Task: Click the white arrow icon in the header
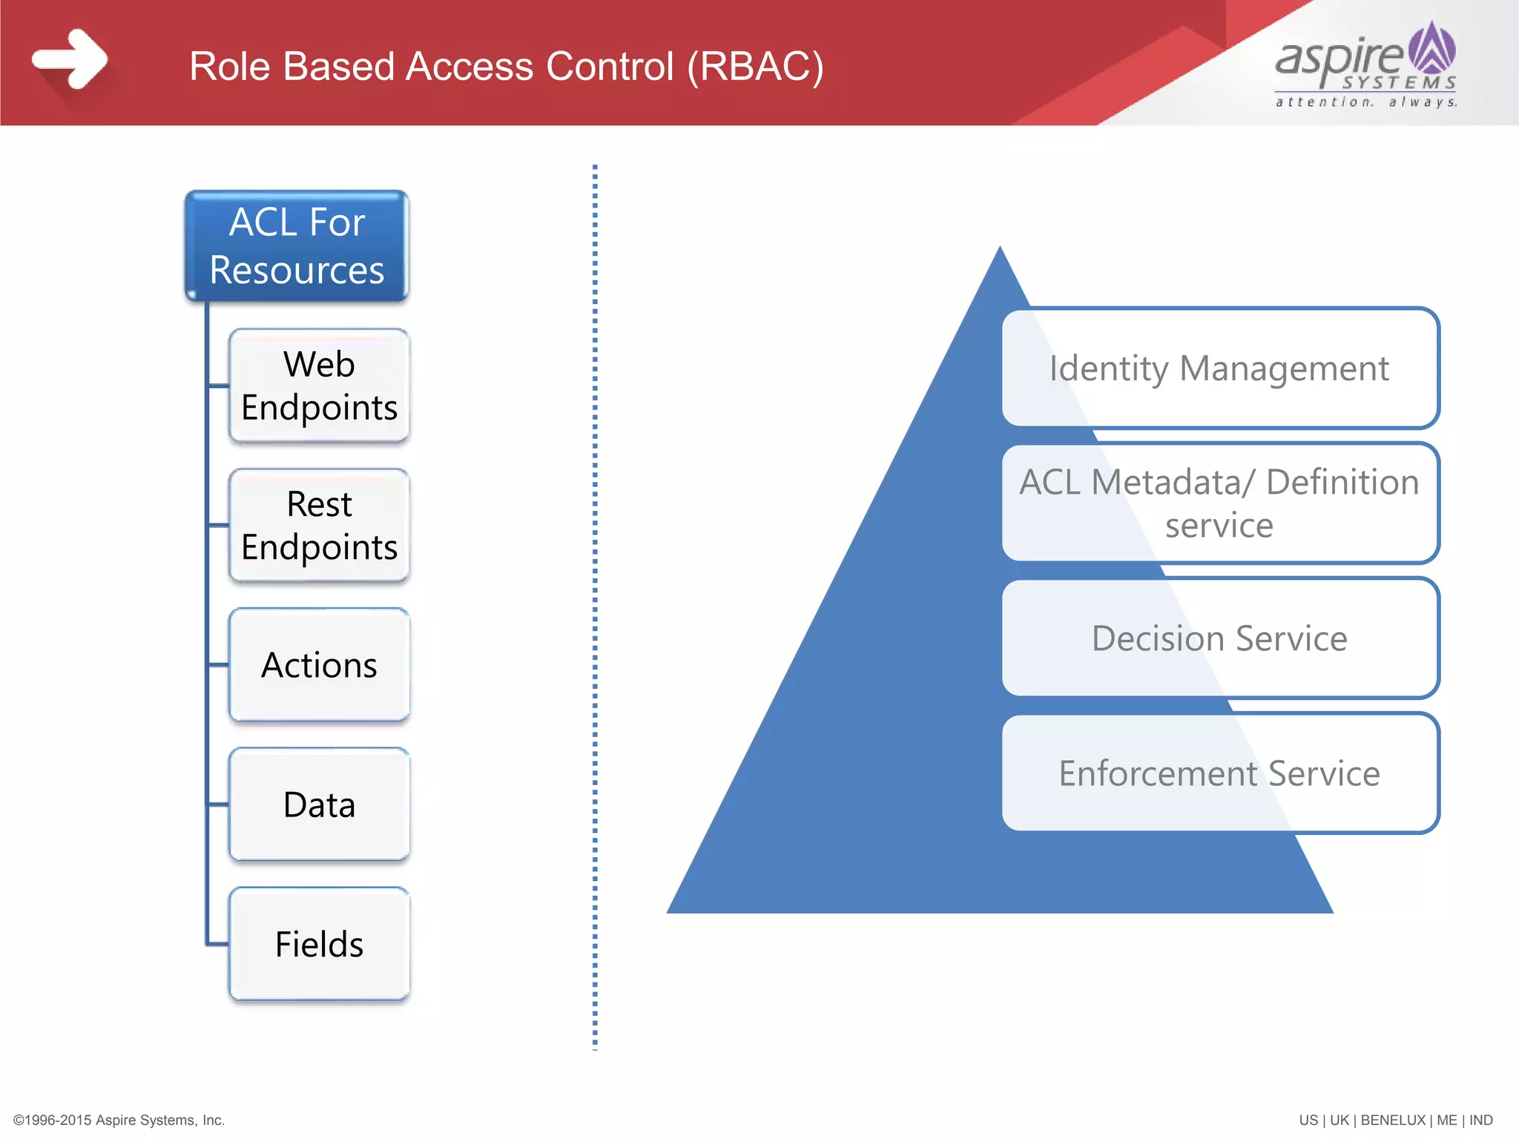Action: click(x=70, y=59)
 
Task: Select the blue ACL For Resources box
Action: click(x=297, y=246)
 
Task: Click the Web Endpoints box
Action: click(x=319, y=386)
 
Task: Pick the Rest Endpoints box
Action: click(x=319, y=525)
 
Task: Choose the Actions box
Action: click(x=319, y=664)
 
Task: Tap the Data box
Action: click(x=319, y=805)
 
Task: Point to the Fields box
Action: click(x=319, y=944)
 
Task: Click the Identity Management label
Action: click(x=1219, y=369)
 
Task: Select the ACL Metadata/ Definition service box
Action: click(x=1219, y=504)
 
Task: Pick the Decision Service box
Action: click(x=1219, y=638)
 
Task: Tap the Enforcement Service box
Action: click(x=1219, y=773)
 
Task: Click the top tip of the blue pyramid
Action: click(x=1000, y=252)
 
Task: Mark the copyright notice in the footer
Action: click(x=119, y=1120)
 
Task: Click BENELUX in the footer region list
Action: click(x=1392, y=1120)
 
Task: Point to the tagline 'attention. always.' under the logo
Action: click(x=1365, y=102)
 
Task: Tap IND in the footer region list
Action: click(x=1480, y=1120)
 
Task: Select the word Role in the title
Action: click(x=229, y=67)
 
